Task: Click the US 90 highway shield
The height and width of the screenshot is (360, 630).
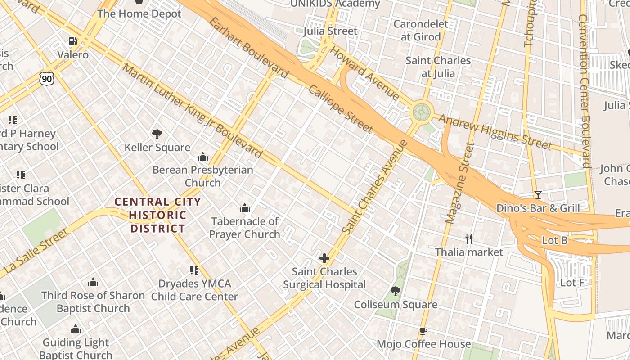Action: [46, 79]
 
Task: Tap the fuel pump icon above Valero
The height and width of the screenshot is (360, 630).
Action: [72, 42]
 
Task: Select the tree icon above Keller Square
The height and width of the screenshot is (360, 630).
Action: [157, 134]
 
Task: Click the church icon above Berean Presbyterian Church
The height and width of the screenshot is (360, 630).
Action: [202, 157]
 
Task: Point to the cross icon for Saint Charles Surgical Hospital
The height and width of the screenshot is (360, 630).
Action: [324, 258]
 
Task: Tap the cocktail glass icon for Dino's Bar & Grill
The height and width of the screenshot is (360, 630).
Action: [538, 195]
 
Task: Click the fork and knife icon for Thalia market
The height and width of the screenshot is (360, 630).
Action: [469, 239]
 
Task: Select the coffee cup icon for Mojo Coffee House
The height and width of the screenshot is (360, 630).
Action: [423, 331]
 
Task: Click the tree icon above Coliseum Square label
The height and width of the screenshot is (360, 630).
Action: [395, 291]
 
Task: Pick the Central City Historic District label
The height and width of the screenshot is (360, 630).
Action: [157, 215]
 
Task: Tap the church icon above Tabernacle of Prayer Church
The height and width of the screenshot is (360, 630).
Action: [245, 208]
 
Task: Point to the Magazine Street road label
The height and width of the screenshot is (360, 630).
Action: [458, 184]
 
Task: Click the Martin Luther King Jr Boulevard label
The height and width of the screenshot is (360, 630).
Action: [192, 111]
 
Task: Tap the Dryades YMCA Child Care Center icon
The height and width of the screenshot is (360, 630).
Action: [194, 270]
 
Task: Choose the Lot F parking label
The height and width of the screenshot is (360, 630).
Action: [572, 283]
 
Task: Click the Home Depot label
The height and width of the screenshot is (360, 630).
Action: [139, 13]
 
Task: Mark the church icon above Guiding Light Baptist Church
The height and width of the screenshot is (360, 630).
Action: [76, 329]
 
